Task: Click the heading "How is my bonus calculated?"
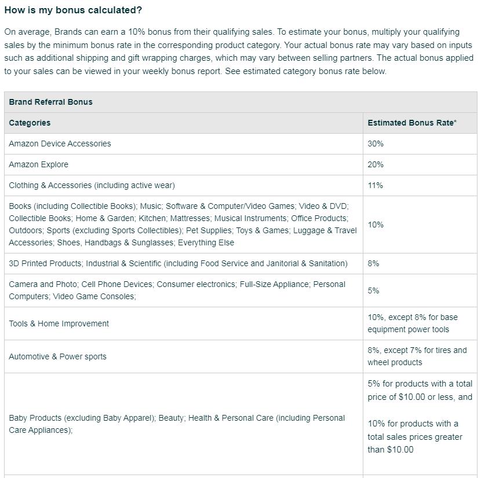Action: pos(73,10)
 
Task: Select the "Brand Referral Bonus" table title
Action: pos(50,102)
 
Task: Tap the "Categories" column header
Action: pos(30,123)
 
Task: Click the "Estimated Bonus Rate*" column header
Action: pos(412,123)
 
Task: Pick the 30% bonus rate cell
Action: pos(376,144)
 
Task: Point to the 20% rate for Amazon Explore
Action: pos(376,164)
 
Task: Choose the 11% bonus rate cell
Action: pos(375,185)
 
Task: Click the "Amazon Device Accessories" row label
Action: pos(60,144)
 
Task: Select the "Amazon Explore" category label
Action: pos(38,164)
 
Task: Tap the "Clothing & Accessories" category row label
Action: pos(92,185)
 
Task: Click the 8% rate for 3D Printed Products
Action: pos(373,263)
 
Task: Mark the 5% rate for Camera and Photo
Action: pos(373,291)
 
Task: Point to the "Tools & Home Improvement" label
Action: pos(59,323)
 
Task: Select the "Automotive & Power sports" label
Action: pos(57,356)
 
